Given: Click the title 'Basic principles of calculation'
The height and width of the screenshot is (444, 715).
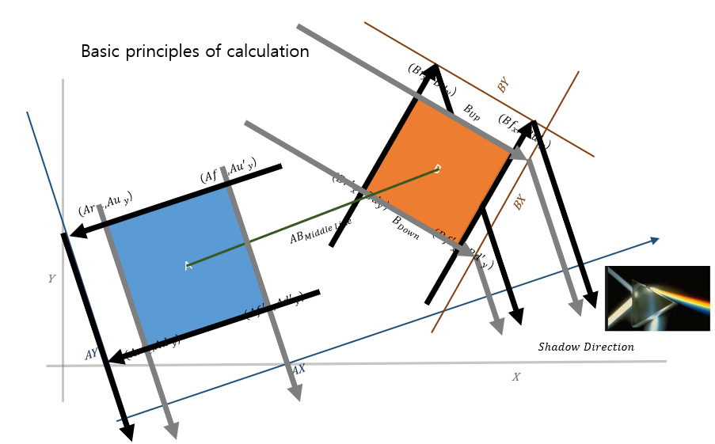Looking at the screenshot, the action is tap(195, 52).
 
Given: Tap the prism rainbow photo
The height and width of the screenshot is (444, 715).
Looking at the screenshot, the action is tap(656, 298).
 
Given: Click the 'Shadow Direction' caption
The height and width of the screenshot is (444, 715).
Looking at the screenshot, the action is tap(586, 347).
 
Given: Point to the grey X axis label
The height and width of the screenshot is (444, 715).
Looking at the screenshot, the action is tap(515, 377).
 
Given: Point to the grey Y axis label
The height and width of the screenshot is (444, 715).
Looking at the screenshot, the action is tap(51, 279).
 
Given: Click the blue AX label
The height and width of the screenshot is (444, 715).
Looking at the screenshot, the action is tap(298, 369).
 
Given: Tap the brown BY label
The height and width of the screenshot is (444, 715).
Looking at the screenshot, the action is tap(503, 85).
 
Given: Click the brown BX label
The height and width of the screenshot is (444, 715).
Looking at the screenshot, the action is tap(519, 203).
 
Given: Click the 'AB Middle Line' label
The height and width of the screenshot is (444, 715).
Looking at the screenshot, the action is tap(320, 231).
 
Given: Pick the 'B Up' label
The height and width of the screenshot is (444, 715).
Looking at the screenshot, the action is tap(472, 112).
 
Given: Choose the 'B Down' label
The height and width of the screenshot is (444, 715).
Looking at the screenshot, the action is tap(405, 229).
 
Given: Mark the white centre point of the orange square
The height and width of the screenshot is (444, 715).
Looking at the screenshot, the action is tap(438, 168).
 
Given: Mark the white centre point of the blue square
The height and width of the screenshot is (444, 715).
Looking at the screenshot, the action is tap(188, 265).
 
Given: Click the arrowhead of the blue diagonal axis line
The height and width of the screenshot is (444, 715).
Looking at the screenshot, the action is tap(654, 239).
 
